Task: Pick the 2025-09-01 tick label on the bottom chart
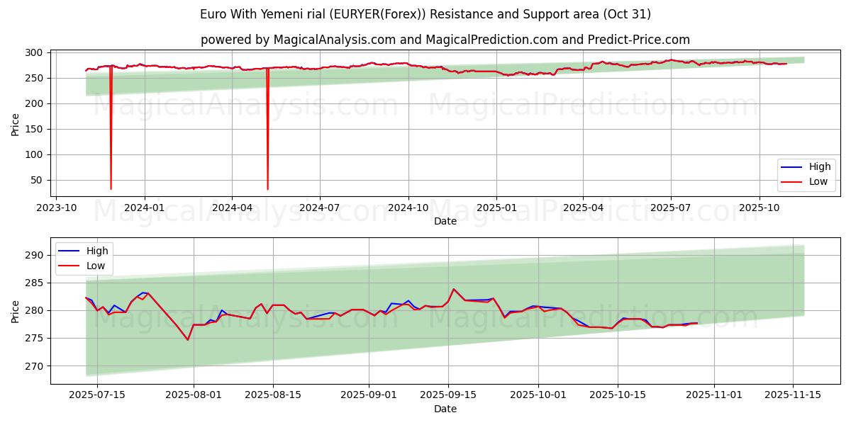point(369,395)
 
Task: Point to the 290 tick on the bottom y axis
point(34,255)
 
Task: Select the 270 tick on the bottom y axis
point(34,366)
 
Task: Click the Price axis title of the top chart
point(16,124)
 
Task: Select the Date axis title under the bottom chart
point(445,409)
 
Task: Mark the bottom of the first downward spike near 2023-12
point(111,189)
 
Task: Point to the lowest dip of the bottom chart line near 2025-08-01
point(188,340)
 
